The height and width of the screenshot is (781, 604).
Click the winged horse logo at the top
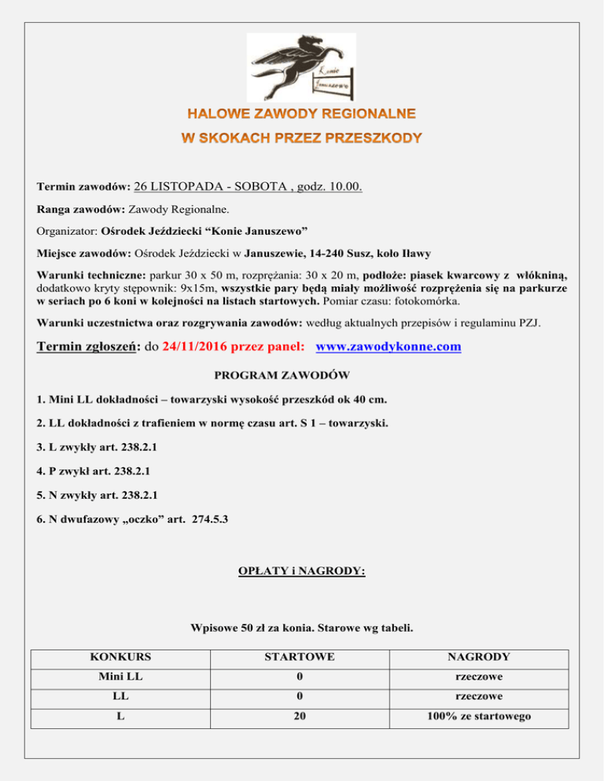click(x=301, y=68)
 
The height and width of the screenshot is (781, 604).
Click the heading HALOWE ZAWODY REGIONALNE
click(x=301, y=113)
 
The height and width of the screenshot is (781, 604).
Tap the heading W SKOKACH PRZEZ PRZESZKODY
click(x=302, y=138)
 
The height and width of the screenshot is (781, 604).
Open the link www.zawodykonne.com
click(x=388, y=346)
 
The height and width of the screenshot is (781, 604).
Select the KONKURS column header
click(x=121, y=656)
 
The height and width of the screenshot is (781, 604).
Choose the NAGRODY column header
click(x=479, y=656)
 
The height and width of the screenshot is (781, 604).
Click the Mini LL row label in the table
click(x=121, y=676)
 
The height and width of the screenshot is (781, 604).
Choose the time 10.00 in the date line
click(x=344, y=187)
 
